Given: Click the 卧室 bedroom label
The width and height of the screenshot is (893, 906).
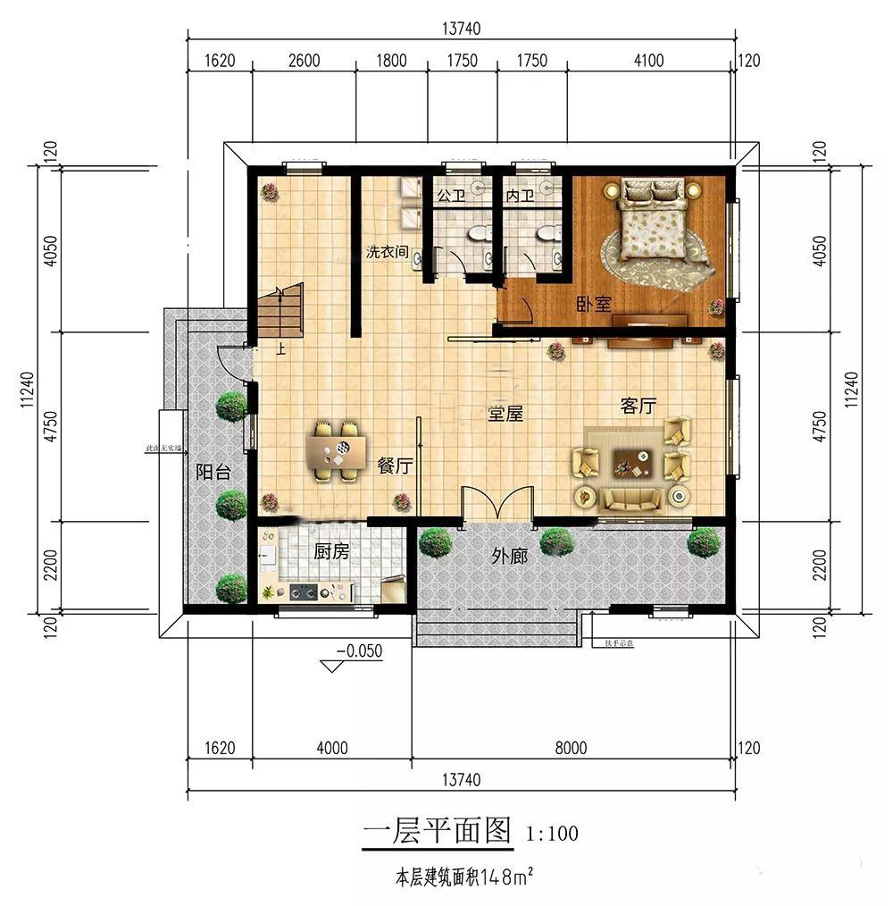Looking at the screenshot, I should click(x=593, y=304).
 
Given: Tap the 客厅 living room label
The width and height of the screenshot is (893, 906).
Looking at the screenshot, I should click(x=638, y=407).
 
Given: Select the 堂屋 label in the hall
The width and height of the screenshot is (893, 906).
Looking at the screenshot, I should click(x=505, y=414).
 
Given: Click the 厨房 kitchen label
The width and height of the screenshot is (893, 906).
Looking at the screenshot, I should click(x=330, y=552).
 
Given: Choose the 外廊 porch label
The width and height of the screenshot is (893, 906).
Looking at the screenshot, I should click(x=509, y=557).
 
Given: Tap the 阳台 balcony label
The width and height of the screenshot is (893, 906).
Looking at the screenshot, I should click(x=213, y=473).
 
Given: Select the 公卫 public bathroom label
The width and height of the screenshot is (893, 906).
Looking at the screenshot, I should click(x=448, y=195).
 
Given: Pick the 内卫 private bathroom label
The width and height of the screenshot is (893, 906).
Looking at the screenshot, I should click(x=519, y=195).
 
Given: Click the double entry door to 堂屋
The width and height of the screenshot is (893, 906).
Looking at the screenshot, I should click(x=496, y=506).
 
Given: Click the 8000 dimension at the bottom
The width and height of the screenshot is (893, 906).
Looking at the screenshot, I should click(x=571, y=749).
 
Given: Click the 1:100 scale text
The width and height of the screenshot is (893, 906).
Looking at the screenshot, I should click(x=552, y=835).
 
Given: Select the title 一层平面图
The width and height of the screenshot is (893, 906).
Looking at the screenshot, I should click(x=438, y=832).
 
